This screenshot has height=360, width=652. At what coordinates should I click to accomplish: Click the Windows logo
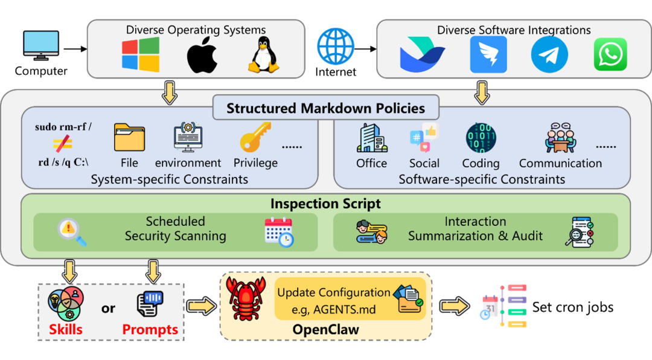click(141, 55)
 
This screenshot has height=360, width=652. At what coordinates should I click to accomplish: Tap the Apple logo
click(202, 56)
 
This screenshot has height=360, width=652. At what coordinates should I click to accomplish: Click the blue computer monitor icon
click(40, 46)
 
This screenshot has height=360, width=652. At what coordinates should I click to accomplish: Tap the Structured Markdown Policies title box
click(325, 108)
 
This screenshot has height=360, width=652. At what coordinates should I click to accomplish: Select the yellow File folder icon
click(129, 138)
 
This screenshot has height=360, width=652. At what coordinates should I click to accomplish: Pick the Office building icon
click(372, 138)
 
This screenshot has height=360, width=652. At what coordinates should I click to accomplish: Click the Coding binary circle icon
click(481, 138)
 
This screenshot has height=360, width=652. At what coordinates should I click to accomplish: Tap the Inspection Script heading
click(325, 204)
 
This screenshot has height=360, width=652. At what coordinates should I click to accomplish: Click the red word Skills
click(66, 330)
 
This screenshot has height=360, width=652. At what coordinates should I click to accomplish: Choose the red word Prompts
click(150, 330)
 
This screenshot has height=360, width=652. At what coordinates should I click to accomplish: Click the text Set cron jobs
click(572, 307)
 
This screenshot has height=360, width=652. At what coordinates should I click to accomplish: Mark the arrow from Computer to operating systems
click(75, 49)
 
